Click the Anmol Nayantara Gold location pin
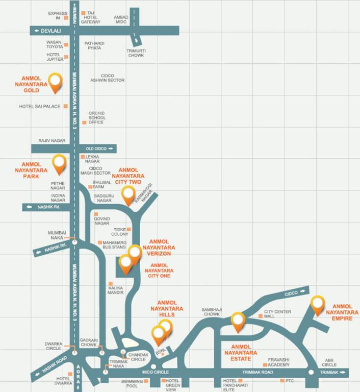[x=55, y=82]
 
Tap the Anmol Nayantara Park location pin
[x=60, y=163]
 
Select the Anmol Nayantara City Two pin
[x=128, y=194]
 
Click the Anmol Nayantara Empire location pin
[x=318, y=304]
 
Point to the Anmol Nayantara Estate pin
[x=238, y=321]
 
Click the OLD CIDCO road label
[x=97, y=149]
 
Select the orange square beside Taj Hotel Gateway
[x=83, y=13]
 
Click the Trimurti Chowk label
[x=136, y=53]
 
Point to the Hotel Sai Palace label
[x=39, y=107]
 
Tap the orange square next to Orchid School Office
[x=84, y=122]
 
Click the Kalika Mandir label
[x=116, y=290]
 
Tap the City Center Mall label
[x=277, y=314]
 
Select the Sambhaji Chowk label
[x=210, y=312]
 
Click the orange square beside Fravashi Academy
[x=265, y=365]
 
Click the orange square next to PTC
[x=282, y=381]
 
